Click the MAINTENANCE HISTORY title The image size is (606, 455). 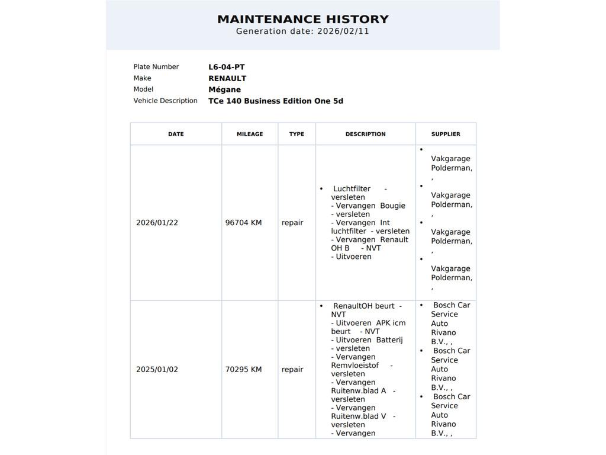(302, 19)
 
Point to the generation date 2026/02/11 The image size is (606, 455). (343, 31)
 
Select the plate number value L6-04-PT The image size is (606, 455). (226, 67)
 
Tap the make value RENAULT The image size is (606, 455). (227, 78)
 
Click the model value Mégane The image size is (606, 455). (224, 89)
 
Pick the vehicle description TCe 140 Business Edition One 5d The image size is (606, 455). (275, 101)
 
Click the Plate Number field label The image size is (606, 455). (156, 67)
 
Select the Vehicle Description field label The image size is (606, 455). (165, 101)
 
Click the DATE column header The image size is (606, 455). (176, 134)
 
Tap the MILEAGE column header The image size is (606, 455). (250, 134)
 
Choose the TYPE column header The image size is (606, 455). (296, 134)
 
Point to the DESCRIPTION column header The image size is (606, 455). (365, 134)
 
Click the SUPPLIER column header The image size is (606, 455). (446, 134)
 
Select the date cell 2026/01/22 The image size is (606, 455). (157, 223)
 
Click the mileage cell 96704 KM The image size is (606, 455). (243, 223)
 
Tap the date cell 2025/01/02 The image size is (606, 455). (157, 369)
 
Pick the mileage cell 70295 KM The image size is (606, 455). (243, 369)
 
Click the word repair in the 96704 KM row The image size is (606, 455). (292, 223)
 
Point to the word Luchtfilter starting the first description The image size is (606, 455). (352, 189)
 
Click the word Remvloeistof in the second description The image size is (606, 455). (354, 366)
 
